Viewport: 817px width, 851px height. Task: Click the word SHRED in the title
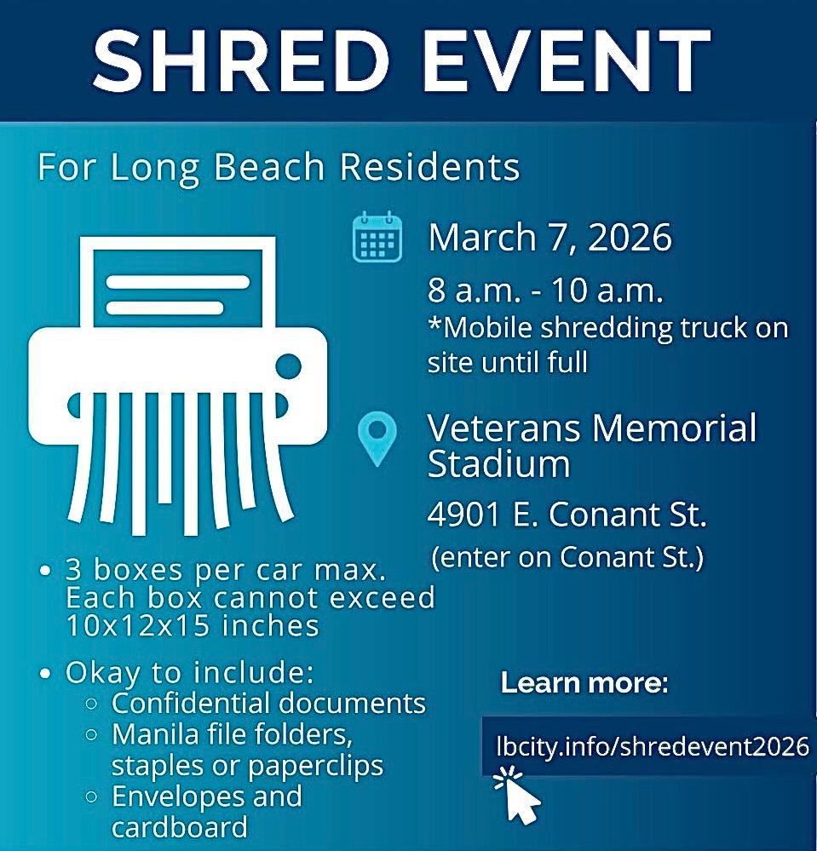click(241, 60)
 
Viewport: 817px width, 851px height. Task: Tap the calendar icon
click(377, 237)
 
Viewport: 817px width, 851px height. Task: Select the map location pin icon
click(377, 439)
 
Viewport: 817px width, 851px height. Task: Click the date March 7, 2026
click(549, 237)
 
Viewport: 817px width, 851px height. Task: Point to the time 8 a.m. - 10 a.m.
click(545, 290)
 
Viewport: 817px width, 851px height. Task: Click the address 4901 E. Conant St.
click(567, 514)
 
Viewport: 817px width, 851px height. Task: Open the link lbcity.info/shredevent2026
click(653, 746)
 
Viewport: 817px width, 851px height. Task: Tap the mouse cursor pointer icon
click(517, 795)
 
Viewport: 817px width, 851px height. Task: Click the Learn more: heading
click(584, 682)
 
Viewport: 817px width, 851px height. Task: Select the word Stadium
click(499, 464)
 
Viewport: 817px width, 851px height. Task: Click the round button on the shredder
click(288, 366)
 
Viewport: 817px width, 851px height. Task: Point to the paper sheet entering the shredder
click(177, 282)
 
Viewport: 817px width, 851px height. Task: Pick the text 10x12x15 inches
click(193, 626)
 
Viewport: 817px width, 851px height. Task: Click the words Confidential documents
click(268, 704)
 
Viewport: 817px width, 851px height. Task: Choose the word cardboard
click(180, 828)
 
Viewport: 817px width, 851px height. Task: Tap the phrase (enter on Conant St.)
click(567, 557)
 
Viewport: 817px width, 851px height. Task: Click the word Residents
click(430, 166)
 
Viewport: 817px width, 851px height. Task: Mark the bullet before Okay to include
click(46, 674)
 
